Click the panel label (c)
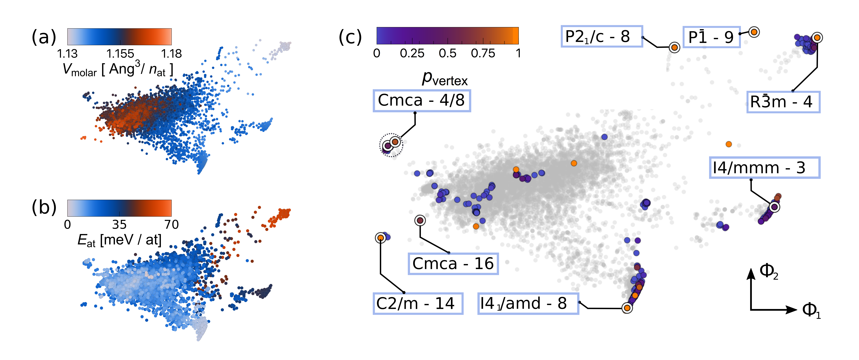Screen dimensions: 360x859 pyautogui.click(x=350, y=37)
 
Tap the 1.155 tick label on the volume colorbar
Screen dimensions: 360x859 pyautogui.click(x=120, y=54)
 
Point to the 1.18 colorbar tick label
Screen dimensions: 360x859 pyautogui.click(x=171, y=54)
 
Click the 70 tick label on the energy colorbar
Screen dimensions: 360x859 pyautogui.click(x=171, y=225)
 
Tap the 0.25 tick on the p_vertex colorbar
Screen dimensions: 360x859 pyautogui.click(x=412, y=53)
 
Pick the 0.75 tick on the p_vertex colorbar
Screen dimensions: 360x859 pyautogui.click(x=483, y=53)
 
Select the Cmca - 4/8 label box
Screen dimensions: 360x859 pyautogui.click(x=422, y=100)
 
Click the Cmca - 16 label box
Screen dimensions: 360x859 pyautogui.click(x=453, y=264)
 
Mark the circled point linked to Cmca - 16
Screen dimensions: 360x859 pyautogui.click(x=420, y=220)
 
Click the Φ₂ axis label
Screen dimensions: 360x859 pyautogui.click(x=769, y=271)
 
